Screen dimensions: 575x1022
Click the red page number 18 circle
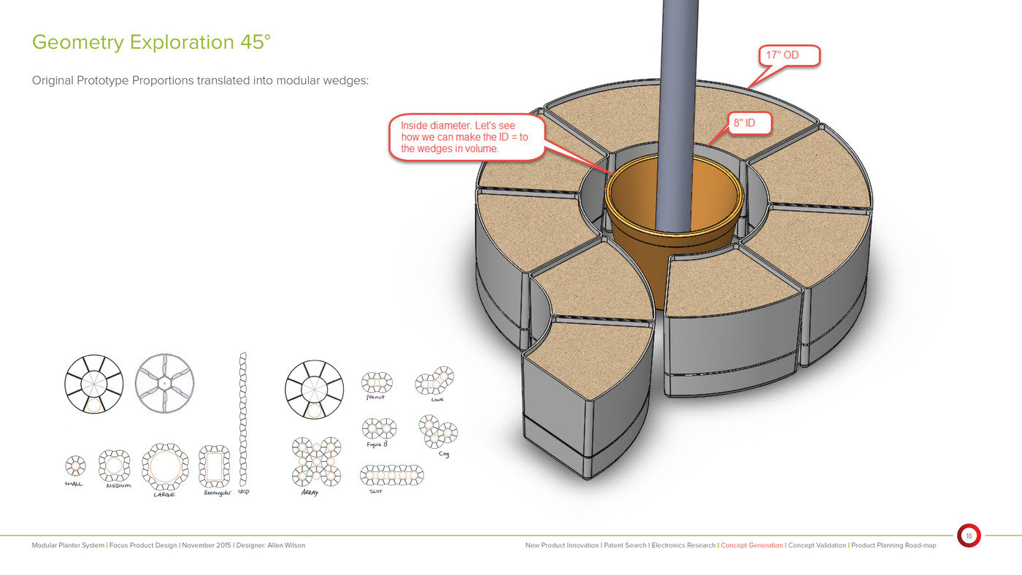click(969, 536)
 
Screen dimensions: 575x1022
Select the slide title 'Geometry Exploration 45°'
click(151, 42)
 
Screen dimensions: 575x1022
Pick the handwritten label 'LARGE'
click(164, 495)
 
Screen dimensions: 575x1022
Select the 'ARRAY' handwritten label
click(310, 493)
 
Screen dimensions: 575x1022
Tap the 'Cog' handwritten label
click(444, 454)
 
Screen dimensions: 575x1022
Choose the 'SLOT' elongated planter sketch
click(392, 475)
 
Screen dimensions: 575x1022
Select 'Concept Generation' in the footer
click(751, 545)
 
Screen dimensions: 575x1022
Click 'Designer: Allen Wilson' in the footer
click(271, 545)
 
